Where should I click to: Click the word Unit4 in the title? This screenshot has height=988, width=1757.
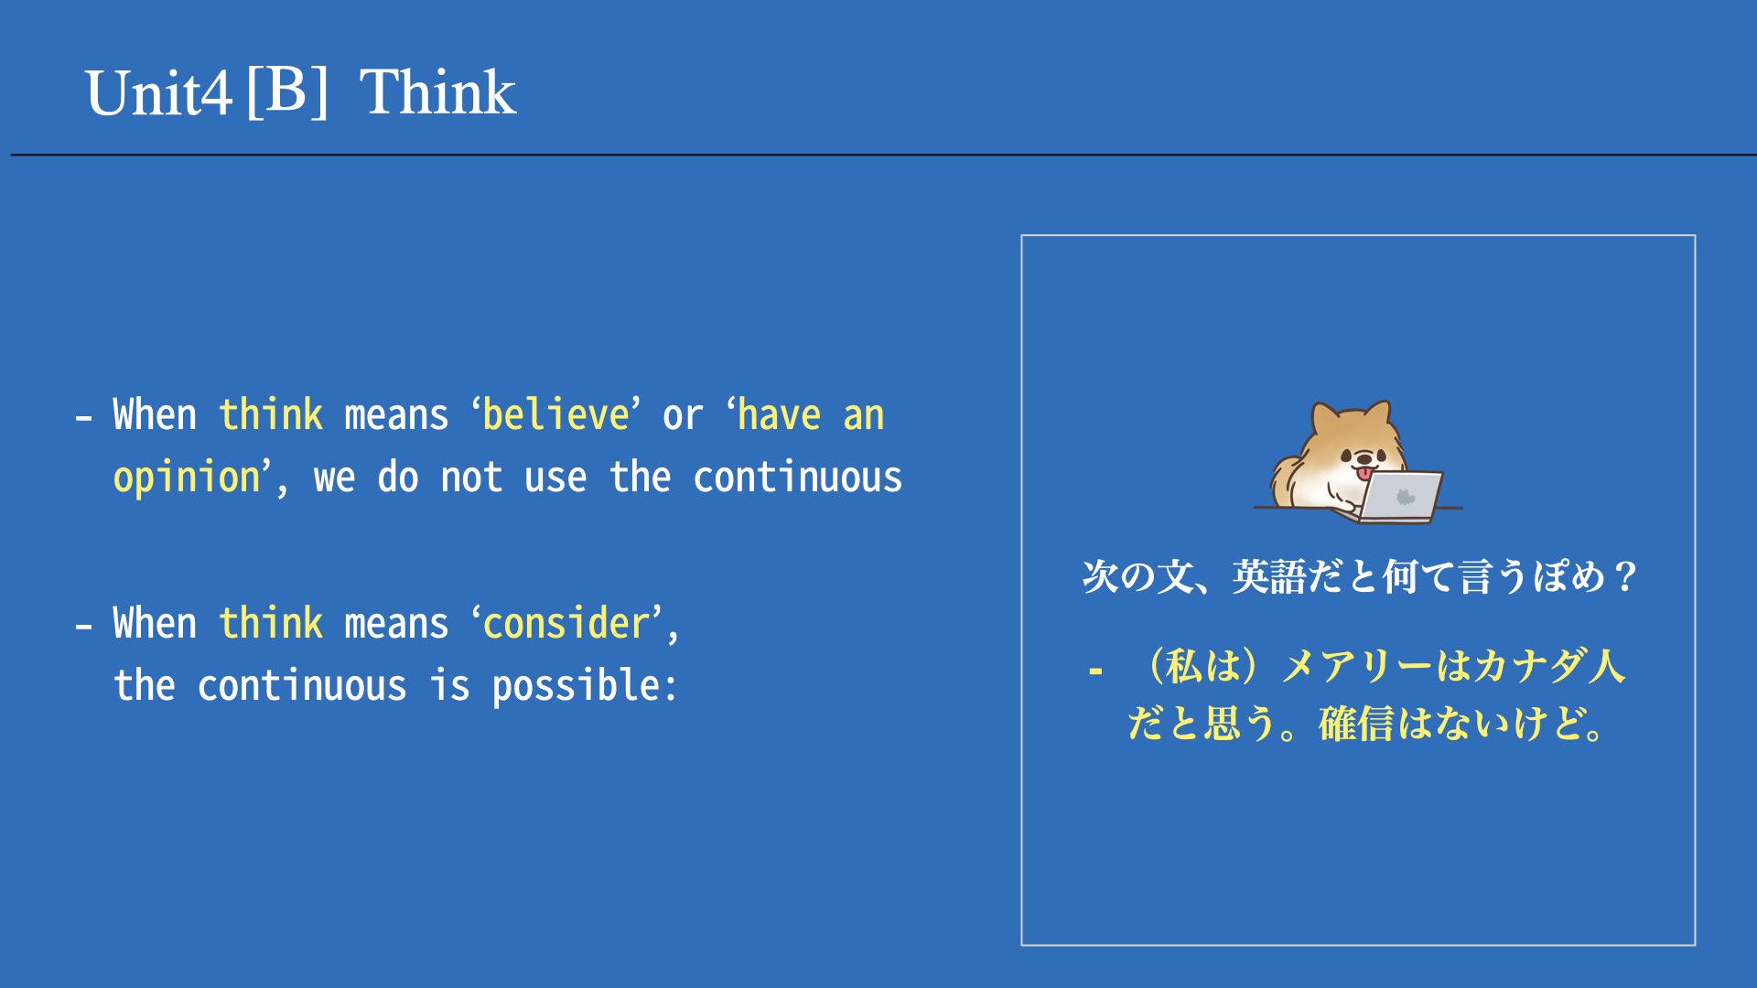[157, 92]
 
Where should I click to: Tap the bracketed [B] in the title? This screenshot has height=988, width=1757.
[287, 91]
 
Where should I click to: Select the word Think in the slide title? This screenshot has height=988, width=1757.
[438, 91]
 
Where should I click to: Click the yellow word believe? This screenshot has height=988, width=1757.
[555, 414]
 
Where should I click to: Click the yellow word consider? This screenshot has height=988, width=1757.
[566, 623]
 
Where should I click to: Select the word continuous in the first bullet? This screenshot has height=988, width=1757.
[797, 478]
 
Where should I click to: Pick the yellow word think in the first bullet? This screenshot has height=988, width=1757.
[271, 414]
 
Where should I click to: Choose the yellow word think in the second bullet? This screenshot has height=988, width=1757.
[271, 623]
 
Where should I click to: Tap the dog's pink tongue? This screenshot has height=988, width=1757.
[1365, 473]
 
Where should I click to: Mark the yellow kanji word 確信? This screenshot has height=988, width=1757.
[1356, 724]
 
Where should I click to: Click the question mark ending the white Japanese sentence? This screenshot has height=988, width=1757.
[1626, 576]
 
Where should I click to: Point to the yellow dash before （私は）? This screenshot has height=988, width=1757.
[1095, 671]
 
